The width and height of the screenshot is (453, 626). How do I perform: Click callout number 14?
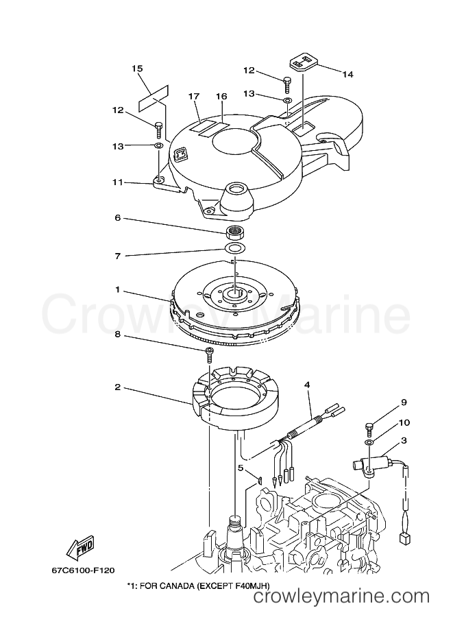coord(348,74)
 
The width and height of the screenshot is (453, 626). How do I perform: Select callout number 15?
coord(137,69)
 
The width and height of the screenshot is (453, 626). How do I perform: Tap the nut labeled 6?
coord(234,231)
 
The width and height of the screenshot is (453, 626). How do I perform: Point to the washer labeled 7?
coord(235,248)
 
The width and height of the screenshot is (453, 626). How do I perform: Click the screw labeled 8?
coord(209,353)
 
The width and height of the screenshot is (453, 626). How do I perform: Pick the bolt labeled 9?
coord(369,430)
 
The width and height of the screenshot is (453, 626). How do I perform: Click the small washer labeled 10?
coord(369,442)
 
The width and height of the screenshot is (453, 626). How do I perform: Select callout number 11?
coord(118,182)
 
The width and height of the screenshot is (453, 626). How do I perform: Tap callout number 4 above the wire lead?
coord(307,385)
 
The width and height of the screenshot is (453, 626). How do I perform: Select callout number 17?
coord(194,96)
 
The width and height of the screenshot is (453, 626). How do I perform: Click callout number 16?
coord(221,96)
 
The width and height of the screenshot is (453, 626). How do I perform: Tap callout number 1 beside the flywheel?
coord(117,289)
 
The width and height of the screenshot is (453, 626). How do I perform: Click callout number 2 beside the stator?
coord(117,387)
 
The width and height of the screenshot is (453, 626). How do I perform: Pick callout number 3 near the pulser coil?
coord(404,440)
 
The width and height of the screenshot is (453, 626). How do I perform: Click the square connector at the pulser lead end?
coord(404,538)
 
